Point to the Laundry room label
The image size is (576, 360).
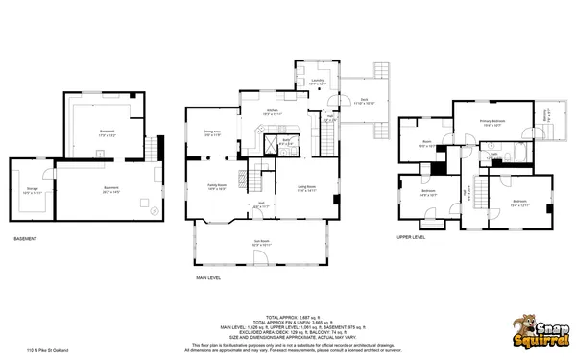click(318, 82)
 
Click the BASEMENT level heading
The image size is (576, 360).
click(26, 238)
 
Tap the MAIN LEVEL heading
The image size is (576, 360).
click(209, 278)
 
